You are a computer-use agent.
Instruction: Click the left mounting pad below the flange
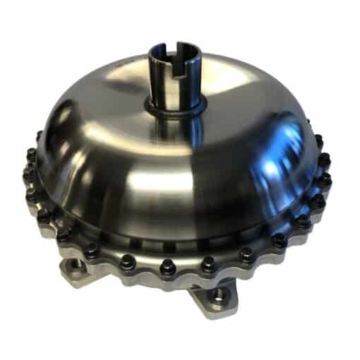(x=78, y=272)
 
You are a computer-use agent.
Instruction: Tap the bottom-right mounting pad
(x=215, y=296)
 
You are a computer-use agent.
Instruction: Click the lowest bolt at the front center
(x=167, y=266)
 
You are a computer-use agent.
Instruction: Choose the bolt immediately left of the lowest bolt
(x=128, y=260)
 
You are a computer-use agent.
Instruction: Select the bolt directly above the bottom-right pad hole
(x=209, y=263)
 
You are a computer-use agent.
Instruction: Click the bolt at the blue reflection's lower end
(x=304, y=221)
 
